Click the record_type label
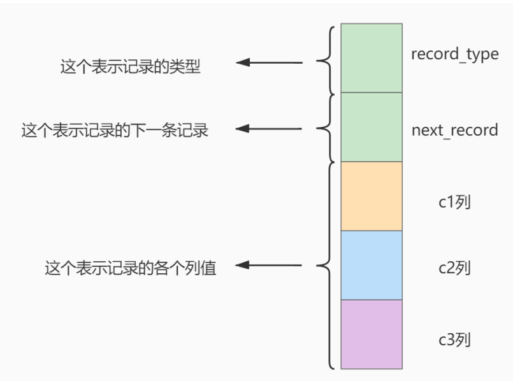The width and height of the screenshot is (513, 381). [x=454, y=55]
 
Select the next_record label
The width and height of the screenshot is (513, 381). [x=454, y=131]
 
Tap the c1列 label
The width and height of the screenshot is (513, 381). [x=455, y=204]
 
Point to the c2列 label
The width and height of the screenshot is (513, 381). [x=455, y=266]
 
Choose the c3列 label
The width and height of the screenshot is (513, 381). [x=455, y=338]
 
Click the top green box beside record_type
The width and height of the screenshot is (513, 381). [x=371, y=58]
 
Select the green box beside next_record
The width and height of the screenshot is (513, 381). [x=371, y=127]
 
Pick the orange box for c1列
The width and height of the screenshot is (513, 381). [x=371, y=196]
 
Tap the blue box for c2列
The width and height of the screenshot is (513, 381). [x=371, y=265]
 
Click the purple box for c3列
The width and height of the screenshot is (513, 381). [x=371, y=334]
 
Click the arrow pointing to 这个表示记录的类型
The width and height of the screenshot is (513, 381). [x=268, y=63]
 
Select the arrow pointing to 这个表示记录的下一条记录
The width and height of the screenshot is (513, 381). [x=268, y=129]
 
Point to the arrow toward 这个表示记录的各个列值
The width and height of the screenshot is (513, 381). [x=268, y=265]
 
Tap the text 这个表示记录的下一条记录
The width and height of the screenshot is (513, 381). [x=115, y=131]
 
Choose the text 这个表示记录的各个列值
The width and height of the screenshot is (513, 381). [x=131, y=268]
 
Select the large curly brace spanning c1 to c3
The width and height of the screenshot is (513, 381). [x=326, y=265]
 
